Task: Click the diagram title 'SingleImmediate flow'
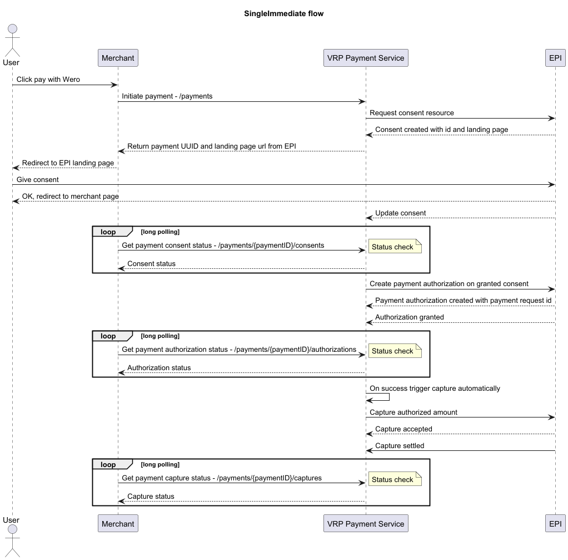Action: [283, 14]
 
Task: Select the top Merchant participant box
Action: [118, 58]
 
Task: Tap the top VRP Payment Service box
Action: [366, 58]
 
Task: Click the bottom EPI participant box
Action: [555, 523]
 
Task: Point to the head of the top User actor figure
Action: [12, 29]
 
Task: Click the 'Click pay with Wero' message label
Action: [48, 80]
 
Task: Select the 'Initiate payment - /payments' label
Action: [167, 96]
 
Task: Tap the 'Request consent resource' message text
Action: [411, 113]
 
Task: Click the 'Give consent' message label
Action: [37, 180]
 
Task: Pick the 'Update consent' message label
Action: [400, 213]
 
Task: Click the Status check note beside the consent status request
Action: [395, 247]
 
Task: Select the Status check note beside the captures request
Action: [395, 479]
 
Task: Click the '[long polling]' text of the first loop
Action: [160, 232]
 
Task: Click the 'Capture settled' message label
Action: [400, 446]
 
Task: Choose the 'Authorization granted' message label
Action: [410, 317]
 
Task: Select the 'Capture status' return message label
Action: [151, 497]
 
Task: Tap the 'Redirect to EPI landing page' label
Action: [68, 163]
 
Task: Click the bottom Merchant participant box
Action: [118, 523]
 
